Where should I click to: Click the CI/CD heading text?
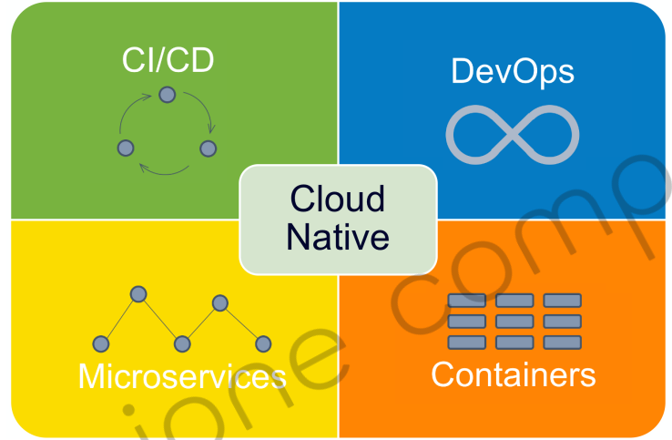[168, 62]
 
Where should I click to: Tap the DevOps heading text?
[513, 72]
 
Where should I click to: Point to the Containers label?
[514, 374]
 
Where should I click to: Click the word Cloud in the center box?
[337, 198]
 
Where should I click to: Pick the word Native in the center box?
[338, 237]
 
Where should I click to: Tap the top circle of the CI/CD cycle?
[167, 94]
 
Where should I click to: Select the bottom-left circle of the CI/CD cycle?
[127, 147]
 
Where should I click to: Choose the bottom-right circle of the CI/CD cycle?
[208, 148]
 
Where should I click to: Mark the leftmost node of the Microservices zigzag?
[101, 343]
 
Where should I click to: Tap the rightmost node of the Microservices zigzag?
[263, 343]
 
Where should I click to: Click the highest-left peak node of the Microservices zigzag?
[138, 293]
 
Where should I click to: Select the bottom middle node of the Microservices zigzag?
[182, 343]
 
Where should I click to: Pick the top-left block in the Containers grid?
[467, 301]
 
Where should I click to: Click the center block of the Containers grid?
[514, 321]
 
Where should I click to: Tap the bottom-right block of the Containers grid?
[562, 342]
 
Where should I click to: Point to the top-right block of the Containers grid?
[562, 301]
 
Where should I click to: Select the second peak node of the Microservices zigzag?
[219, 302]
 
